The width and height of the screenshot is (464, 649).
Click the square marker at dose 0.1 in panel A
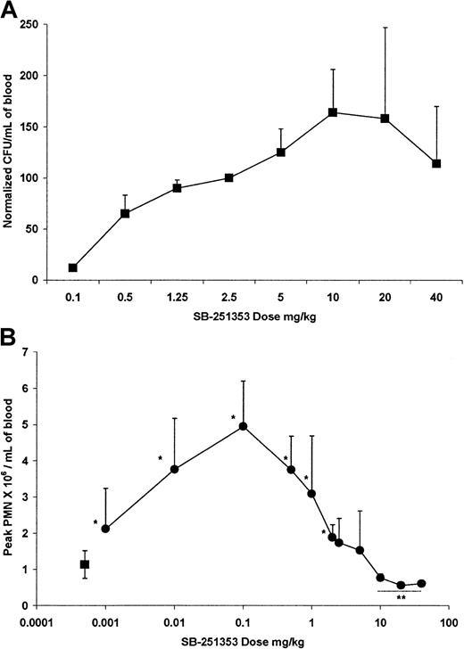point(73,267)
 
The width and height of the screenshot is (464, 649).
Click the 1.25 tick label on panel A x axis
point(177,295)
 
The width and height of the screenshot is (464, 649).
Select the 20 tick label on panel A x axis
point(385,295)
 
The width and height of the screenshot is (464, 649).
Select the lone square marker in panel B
point(85,564)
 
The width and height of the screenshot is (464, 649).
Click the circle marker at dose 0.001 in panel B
point(105,529)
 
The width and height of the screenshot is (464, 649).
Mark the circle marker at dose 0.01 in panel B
point(175,469)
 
